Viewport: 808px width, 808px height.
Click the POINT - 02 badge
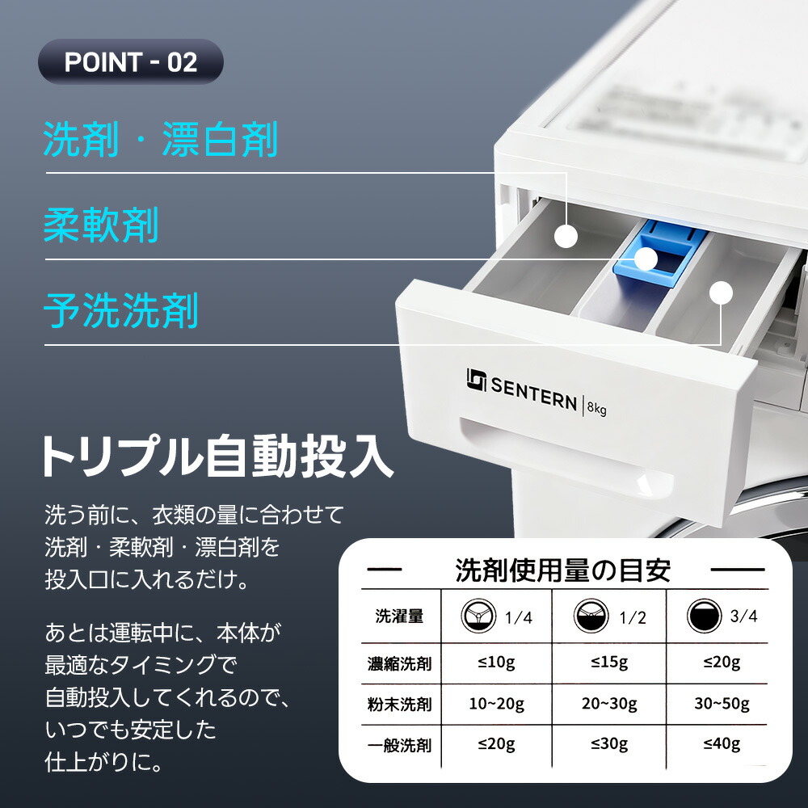click(x=130, y=61)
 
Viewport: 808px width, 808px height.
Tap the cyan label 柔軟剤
click(x=101, y=225)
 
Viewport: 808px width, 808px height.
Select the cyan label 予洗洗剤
click(x=121, y=311)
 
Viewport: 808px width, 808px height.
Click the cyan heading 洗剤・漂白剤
click(x=161, y=139)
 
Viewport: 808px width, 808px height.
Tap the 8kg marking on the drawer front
click(x=597, y=408)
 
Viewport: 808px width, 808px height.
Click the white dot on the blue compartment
click(x=646, y=259)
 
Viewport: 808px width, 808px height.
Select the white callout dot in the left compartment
click(x=566, y=237)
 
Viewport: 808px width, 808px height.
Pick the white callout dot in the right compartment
click(x=721, y=292)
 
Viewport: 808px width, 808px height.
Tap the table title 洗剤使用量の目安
click(x=562, y=570)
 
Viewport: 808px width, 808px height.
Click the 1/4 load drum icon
click(x=478, y=616)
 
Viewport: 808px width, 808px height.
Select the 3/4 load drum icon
click(x=704, y=615)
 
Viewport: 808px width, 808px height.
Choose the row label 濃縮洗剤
click(x=399, y=663)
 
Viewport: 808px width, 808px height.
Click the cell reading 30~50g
click(x=722, y=704)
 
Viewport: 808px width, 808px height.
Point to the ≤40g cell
click(x=722, y=744)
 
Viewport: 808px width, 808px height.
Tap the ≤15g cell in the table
click(x=609, y=663)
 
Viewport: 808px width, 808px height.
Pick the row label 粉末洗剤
click(x=399, y=705)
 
